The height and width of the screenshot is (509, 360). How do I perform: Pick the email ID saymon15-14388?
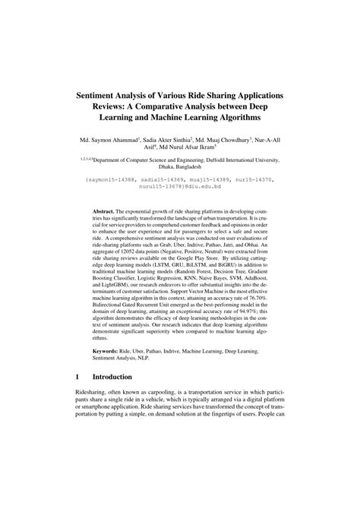tap(115, 179)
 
